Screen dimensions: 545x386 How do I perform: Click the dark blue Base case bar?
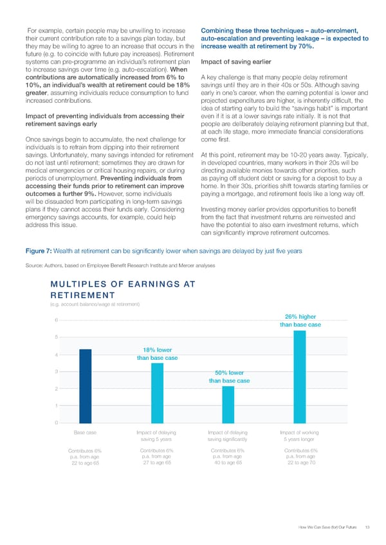pos(86,386)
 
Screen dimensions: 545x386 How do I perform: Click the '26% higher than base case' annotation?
pos(300,320)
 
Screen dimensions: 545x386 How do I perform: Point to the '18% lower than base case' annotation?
pos(157,353)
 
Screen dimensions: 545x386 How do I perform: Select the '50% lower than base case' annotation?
pos(229,377)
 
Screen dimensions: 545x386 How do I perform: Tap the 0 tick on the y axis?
pos(57,422)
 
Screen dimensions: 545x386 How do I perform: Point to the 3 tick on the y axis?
pos(57,371)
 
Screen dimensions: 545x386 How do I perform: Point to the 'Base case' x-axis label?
pos(86,432)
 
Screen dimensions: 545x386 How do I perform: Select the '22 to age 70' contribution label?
pos(300,462)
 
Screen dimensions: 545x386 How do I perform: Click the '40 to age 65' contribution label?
pos(228,462)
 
